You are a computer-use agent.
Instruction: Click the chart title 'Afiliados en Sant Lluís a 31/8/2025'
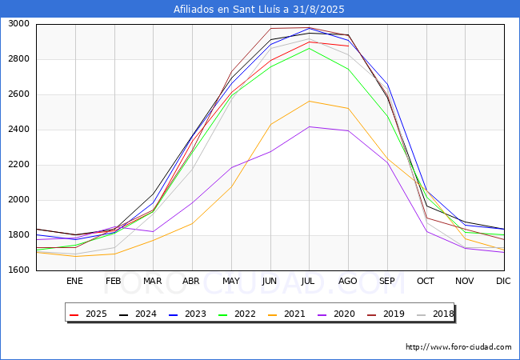click(260, 10)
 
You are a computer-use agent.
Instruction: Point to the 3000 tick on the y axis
click(18, 24)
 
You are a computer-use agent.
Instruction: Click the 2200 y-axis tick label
click(18, 165)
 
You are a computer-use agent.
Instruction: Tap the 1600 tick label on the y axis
click(18, 270)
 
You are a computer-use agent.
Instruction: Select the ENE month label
click(74, 282)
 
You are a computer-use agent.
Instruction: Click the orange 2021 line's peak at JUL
click(309, 101)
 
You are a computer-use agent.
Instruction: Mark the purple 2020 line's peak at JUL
click(309, 126)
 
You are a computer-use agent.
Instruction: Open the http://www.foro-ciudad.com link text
click(458, 347)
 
